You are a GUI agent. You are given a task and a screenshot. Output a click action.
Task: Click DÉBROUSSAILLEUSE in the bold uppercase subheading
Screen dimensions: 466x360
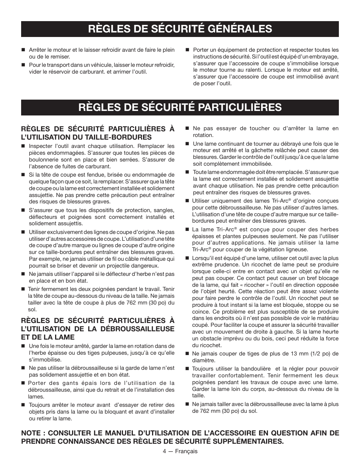click(x=138, y=329)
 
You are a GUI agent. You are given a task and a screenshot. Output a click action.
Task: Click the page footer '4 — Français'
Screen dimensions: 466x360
click(x=180, y=451)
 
